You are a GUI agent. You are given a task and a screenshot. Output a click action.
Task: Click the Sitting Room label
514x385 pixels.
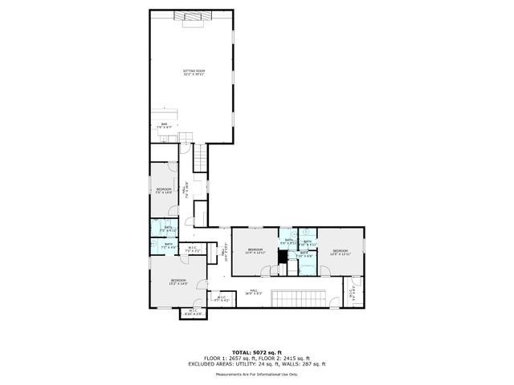(194, 73)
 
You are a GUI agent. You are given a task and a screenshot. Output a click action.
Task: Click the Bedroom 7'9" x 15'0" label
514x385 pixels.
(164, 190)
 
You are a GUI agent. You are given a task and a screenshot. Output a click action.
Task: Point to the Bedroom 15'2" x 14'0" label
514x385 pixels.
(177, 282)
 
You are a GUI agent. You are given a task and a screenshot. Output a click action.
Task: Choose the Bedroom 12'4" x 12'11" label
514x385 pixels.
(255, 251)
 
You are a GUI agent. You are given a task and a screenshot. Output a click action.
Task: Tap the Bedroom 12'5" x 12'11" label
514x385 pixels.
(341, 251)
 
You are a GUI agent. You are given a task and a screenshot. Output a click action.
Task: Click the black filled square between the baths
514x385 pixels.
(283, 258)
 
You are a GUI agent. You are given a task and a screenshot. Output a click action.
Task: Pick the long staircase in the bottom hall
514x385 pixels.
(298, 299)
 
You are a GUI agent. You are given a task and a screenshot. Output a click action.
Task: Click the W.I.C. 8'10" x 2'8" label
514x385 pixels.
(193, 312)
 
